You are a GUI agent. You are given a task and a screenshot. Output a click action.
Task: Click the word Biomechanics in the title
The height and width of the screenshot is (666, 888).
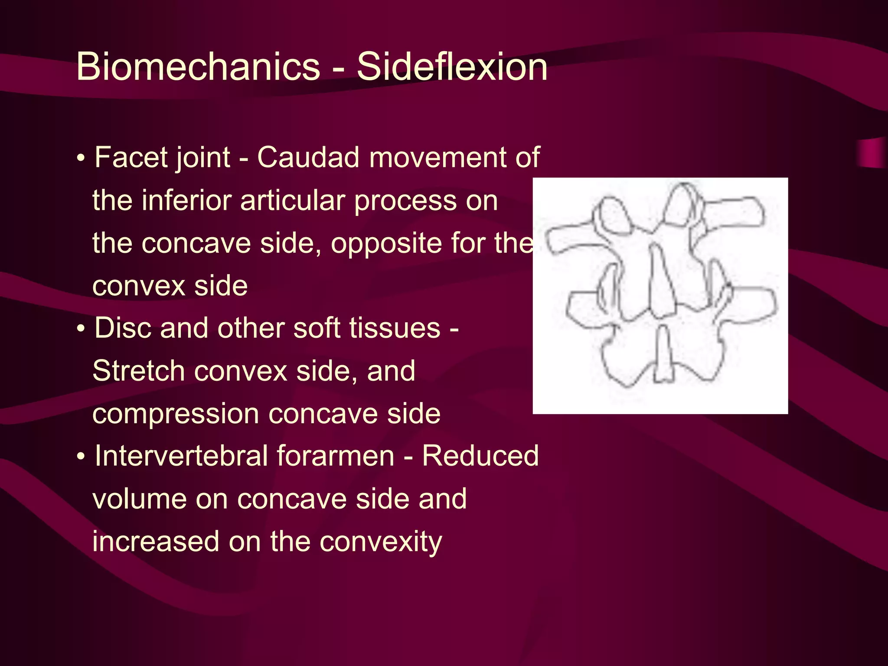click(x=198, y=66)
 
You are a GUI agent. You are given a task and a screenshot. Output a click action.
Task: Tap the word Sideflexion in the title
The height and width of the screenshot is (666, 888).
click(x=452, y=66)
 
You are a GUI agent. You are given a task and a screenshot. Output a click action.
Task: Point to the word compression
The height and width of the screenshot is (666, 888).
click(x=176, y=414)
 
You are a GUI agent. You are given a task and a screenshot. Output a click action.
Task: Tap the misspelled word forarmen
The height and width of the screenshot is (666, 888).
click(x=335, y=456)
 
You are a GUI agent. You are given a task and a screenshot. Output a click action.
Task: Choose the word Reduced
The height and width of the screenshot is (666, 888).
click(x=480, y=456)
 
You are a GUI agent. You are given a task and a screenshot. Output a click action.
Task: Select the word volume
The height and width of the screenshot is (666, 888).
click(x=138, y=499)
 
